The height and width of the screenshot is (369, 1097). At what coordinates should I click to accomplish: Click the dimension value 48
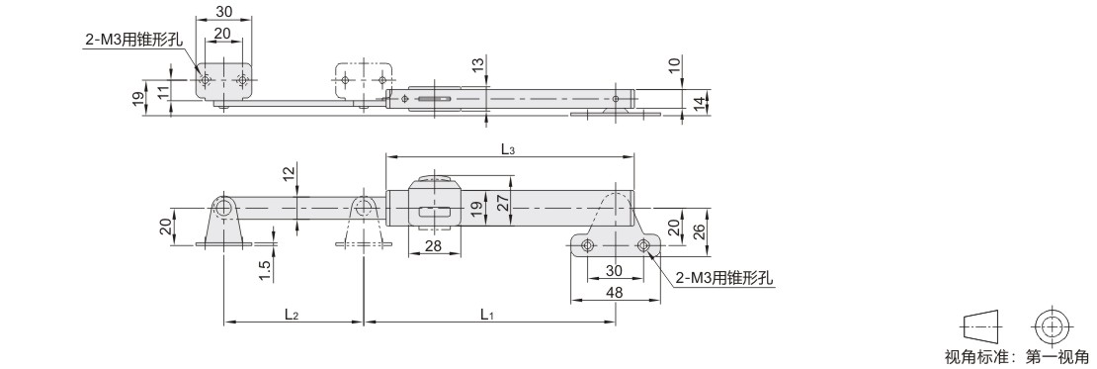[615, 293]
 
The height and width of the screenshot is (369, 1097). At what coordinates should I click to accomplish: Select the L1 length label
[487, 315]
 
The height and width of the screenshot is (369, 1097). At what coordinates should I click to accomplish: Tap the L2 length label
[292, 315]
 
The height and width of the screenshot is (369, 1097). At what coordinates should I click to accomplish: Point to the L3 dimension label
[508, 147]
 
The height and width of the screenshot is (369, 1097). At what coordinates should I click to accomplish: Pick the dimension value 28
[434, 246]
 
